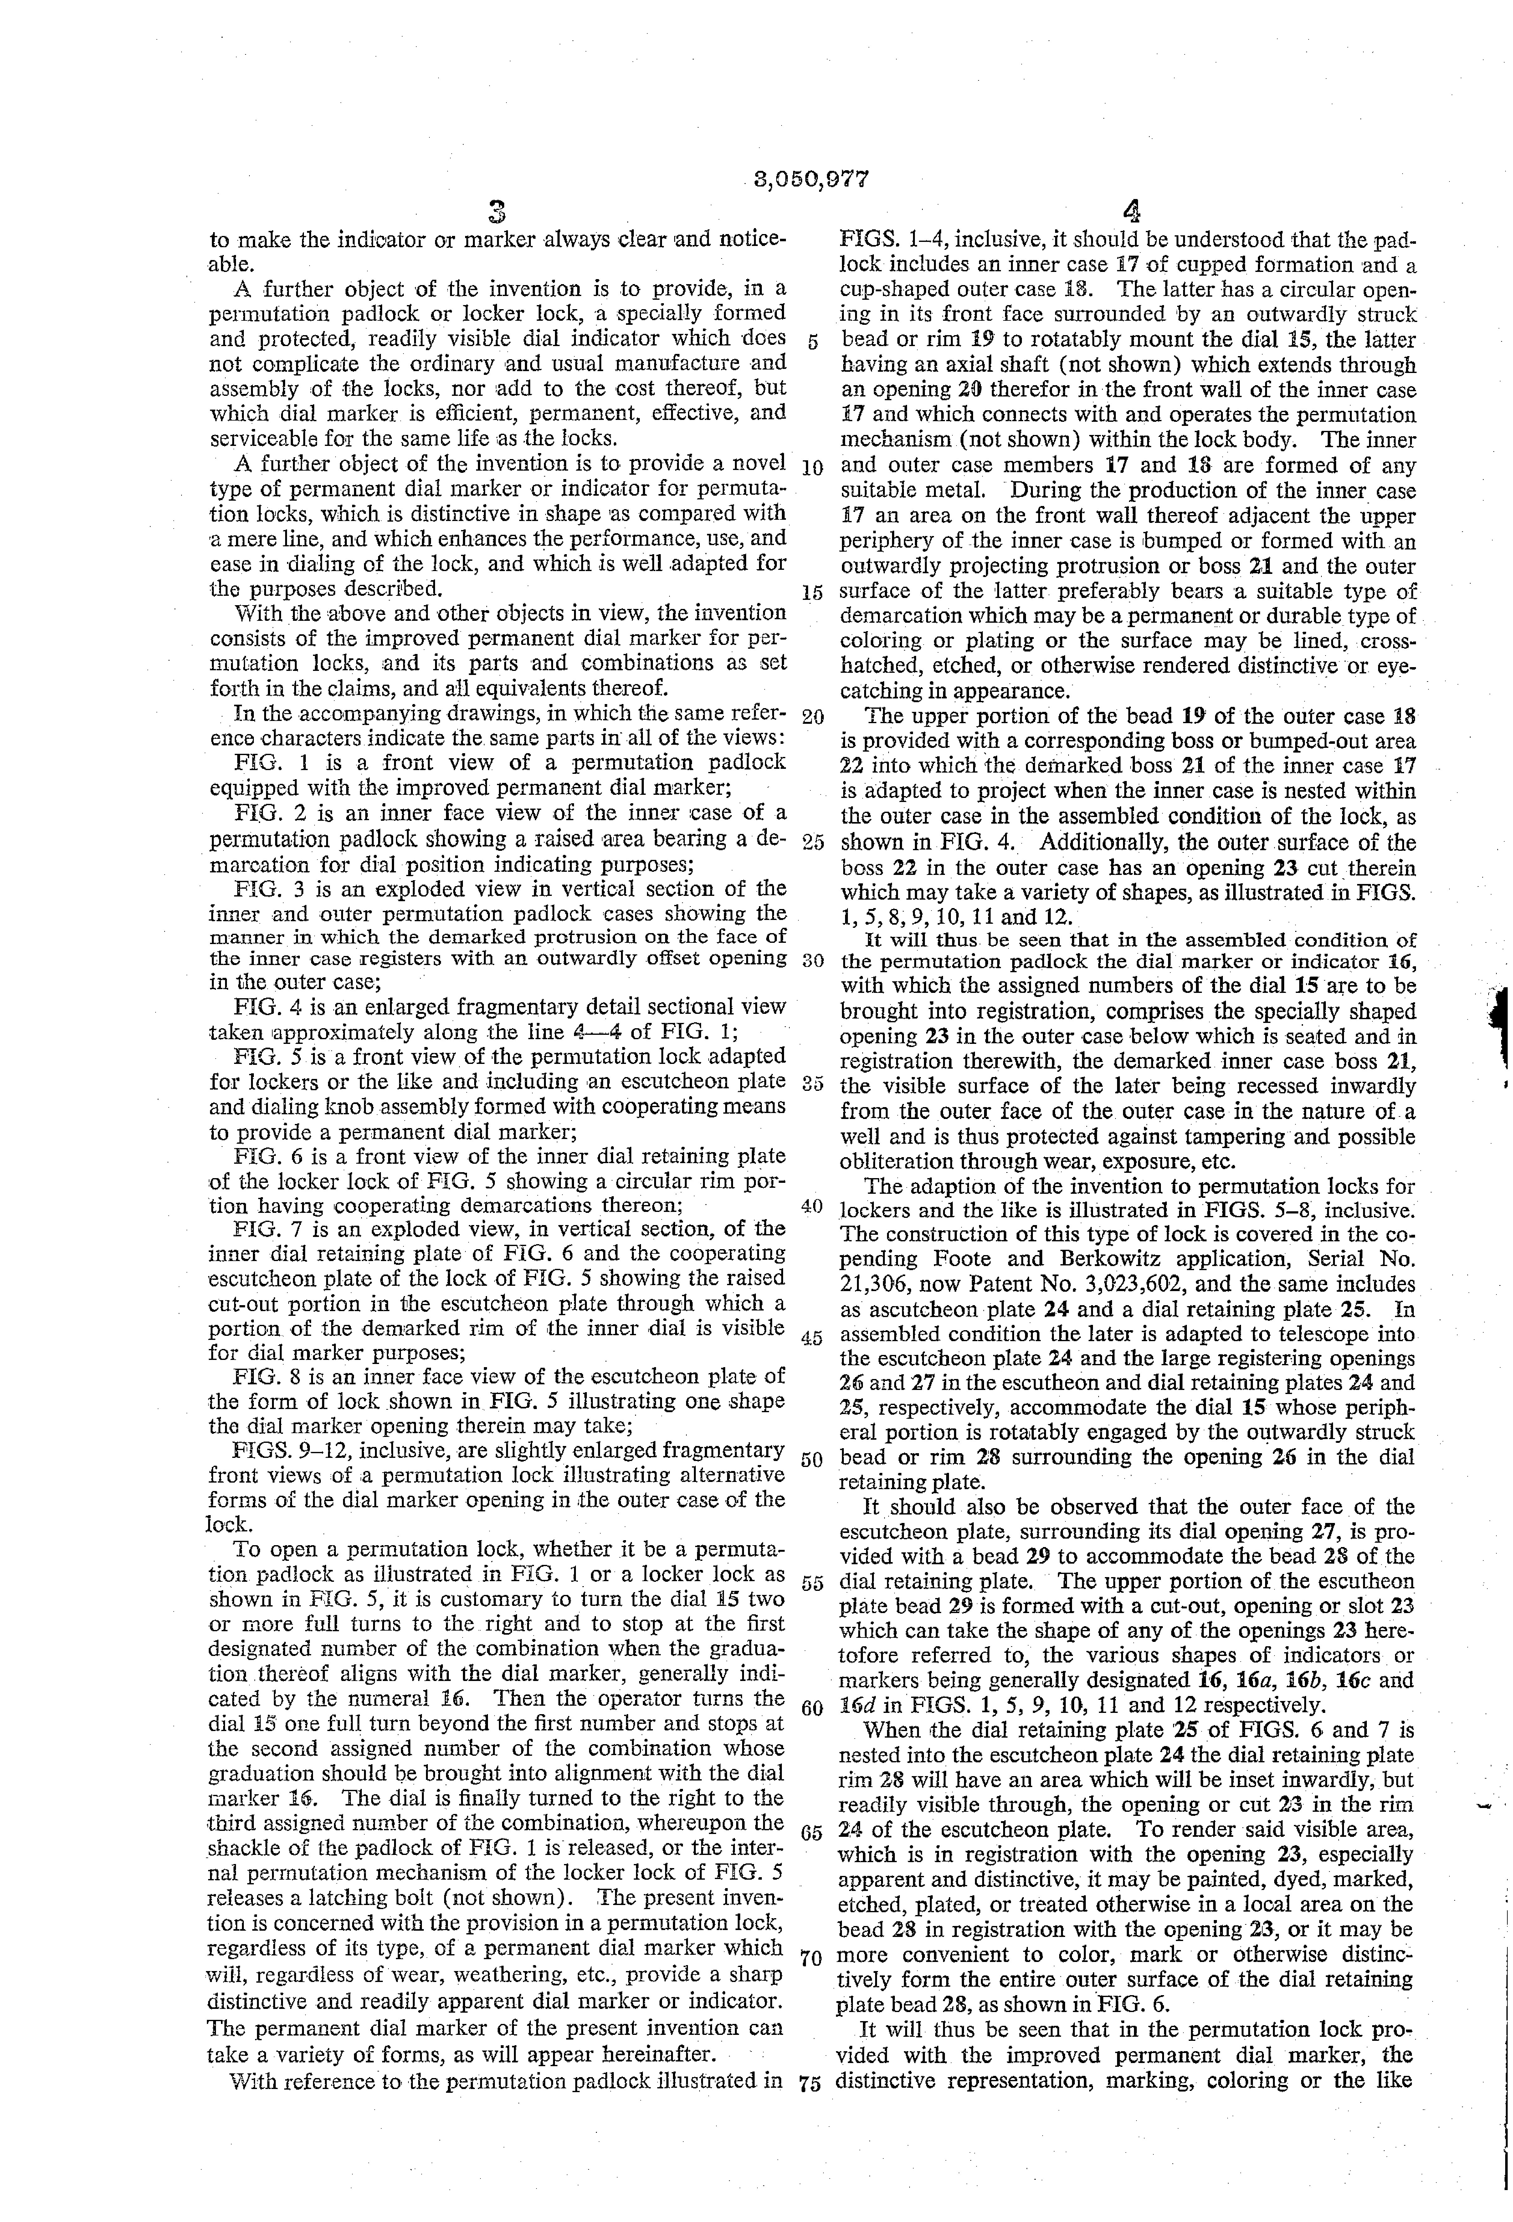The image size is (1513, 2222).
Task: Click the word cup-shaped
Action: (897, 290)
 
